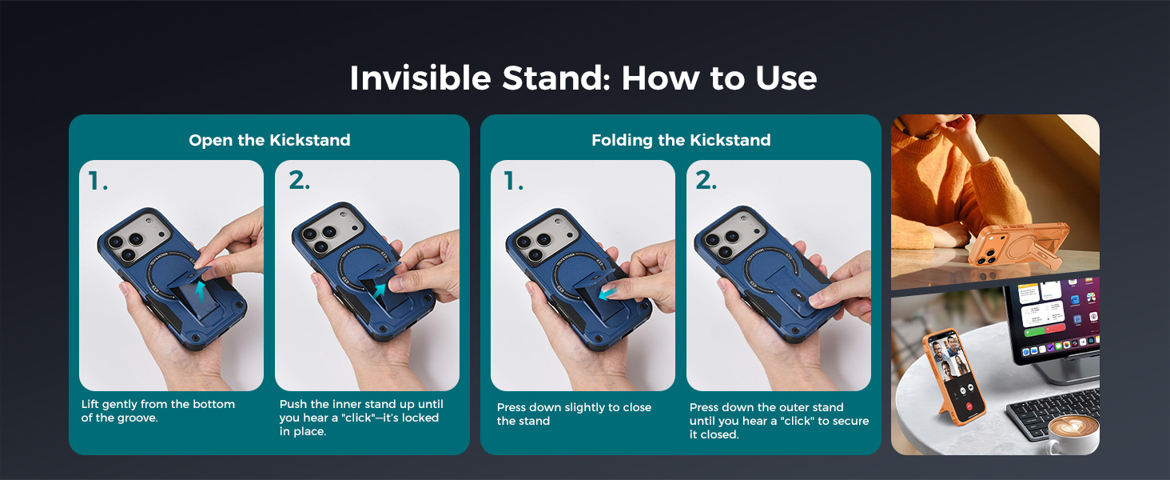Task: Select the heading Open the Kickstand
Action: (x=269, y=140)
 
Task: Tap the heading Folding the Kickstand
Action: (x=681, y=140)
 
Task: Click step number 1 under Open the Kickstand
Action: (x=97, y=182)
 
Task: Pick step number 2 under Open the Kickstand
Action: (x=299, y=182)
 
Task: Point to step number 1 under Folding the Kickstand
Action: (x=512, y=182)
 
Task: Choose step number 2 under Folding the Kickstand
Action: (x=706, y=182)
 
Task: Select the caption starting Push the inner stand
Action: (x=361, y=418)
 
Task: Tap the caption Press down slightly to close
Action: (x=574, y=414)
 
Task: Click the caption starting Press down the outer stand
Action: (x=778, y=421)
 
